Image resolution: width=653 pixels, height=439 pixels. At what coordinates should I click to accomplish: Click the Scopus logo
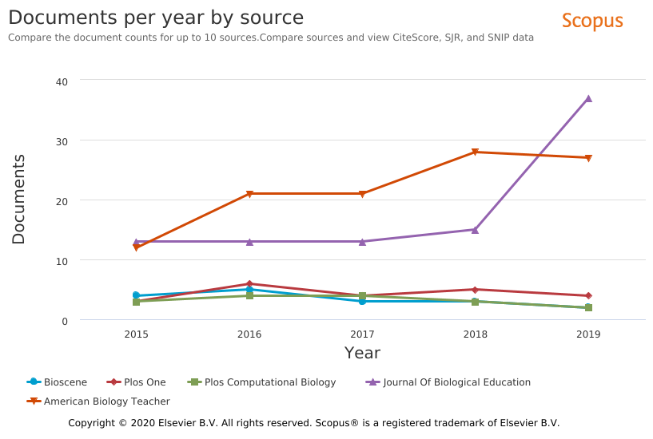(591, 21)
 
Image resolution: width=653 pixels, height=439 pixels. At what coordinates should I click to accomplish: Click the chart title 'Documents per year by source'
(156, 18)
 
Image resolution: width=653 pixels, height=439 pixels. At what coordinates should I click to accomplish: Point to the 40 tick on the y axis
(62, 81)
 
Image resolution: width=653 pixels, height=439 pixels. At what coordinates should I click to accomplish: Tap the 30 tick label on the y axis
(62, 140)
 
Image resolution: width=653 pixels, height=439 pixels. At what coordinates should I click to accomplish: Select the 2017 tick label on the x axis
(362, 334)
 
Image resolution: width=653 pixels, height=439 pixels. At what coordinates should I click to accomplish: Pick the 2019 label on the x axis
(588, 334)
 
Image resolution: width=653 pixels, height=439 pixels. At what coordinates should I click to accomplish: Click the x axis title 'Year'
(362, 353)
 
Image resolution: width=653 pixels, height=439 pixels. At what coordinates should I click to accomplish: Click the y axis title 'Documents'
(18, 200)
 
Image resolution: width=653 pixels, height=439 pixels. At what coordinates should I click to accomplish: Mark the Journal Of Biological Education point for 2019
(588, 98)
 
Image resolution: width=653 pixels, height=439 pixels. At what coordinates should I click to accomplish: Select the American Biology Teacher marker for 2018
(475, 152)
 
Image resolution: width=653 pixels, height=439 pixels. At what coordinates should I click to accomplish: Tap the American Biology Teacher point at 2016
(249, 194)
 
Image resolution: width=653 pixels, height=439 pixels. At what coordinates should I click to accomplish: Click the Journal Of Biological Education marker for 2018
(475, 230)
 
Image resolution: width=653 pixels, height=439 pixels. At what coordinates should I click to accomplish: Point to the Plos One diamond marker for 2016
(249, 284)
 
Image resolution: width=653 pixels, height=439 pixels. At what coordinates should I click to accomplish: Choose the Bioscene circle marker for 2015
(136, 295)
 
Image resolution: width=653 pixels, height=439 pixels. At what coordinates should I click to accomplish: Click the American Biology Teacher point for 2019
(588, 158)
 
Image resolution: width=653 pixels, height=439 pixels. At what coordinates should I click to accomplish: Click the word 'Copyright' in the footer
(93, 423)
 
